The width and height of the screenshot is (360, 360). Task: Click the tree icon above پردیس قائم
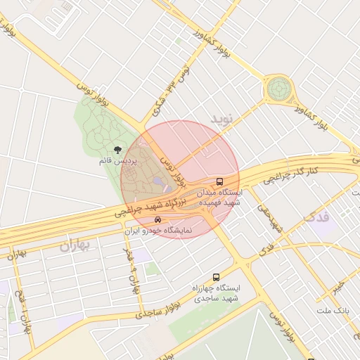(117, 150)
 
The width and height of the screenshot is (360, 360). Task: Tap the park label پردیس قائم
(117, 161)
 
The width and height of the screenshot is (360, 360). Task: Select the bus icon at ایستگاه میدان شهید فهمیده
(220, 181)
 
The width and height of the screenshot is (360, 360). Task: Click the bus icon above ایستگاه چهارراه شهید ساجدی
(216, 277)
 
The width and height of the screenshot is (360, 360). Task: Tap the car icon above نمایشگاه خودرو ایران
(157, 220)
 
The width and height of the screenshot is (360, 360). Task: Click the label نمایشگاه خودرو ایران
(157, 231)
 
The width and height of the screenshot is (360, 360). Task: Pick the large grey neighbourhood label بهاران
(77, 246)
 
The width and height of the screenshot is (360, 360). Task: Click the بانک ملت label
(333, 310)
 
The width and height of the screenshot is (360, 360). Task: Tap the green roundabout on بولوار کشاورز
(278, 89)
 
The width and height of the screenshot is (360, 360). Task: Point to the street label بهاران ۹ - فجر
(131, 270)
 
